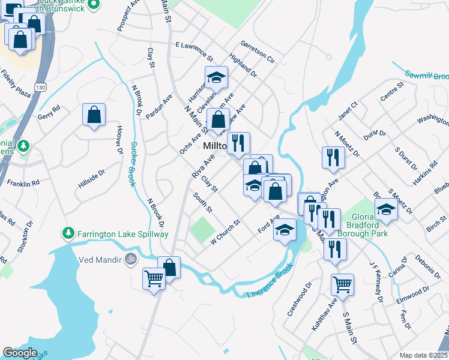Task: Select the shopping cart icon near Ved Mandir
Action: coord(154,279)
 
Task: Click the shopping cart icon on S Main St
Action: coord(342,284)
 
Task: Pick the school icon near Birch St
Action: coord(386,210)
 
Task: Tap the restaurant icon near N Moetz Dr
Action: coord(333,157)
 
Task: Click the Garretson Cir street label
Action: coord(258,52)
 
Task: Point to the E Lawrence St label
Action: coord(194,52)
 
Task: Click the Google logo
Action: coord(20,353)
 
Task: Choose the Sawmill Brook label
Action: coord(426,76)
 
